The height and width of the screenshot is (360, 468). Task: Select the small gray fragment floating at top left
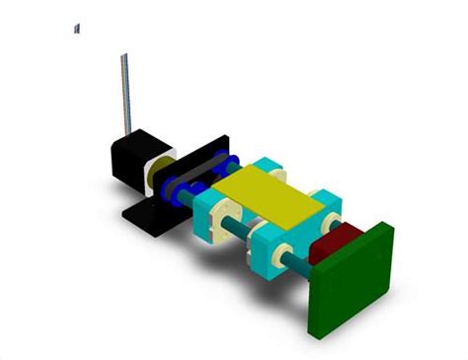pyautogui.click(x=76, y=29)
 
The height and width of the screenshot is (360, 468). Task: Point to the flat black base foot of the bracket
pyautogui.click(x=148, y=220)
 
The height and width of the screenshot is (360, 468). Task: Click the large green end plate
pyautogui.click(x=350, y=280)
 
